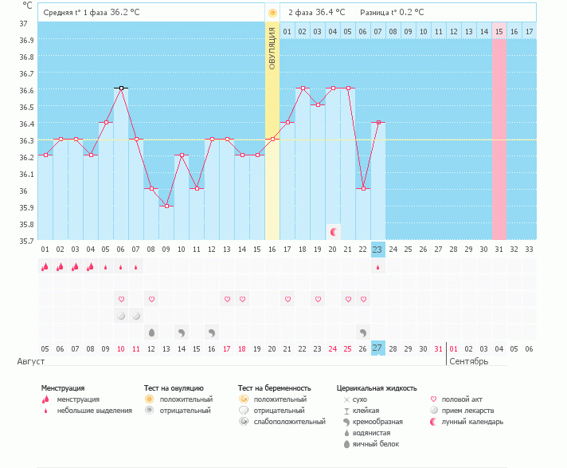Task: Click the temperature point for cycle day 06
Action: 121,88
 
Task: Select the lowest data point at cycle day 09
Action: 166,206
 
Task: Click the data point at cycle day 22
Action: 363,188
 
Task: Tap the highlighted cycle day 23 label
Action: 377,250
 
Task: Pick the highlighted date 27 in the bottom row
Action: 377,348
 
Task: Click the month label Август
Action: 31,362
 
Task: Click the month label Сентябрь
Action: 469,362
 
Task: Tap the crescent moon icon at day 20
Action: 334,231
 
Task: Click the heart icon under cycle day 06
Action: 121,299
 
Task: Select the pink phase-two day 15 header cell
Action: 499,31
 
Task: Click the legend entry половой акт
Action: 461,399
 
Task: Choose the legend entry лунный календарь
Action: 473,422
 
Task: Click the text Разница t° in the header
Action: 380,13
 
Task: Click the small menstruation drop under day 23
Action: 377,267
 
